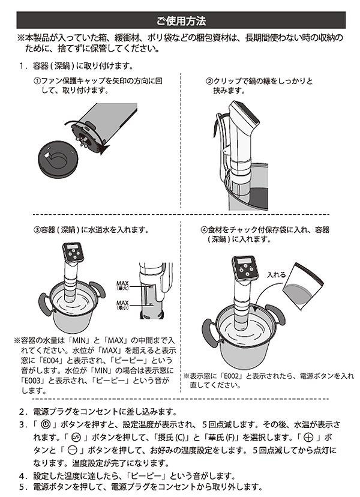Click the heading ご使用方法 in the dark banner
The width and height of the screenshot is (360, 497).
tap(181, 21)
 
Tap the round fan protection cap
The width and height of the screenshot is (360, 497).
tap(58, 159)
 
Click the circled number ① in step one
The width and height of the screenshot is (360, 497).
tap(37, 81)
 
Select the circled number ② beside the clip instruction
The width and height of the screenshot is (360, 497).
tap(209, 82)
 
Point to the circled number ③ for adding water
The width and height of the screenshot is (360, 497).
tap(37, 230)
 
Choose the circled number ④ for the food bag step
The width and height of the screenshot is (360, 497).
tap(204, 230)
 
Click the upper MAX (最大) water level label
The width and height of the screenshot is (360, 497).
tap(122, 285)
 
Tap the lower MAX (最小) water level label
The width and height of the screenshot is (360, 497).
tap(122, 305)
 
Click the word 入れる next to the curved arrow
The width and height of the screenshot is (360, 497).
tap(276, 275)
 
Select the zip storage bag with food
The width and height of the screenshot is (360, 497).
tap(302, 286)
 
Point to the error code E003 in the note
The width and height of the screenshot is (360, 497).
tap(31, 381)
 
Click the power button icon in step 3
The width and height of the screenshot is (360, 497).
tap(46, 425)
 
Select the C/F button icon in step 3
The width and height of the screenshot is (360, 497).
tap(76, 438)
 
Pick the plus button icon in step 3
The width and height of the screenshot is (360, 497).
tap(308, 438)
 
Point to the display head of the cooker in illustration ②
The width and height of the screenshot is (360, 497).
tap(244, 114)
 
